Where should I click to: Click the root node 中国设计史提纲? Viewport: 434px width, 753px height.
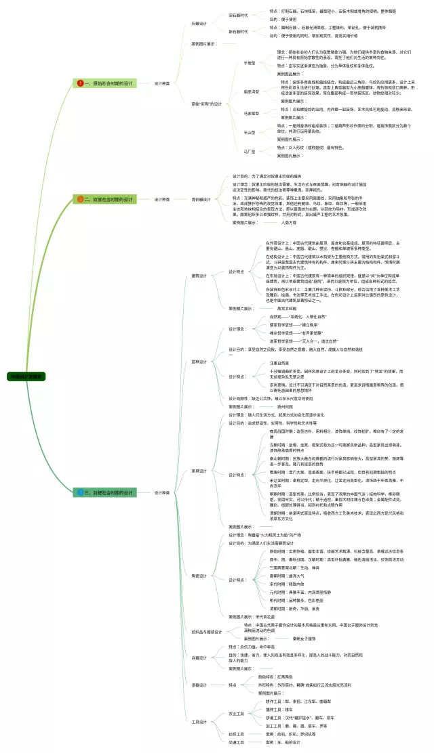click(26, 376)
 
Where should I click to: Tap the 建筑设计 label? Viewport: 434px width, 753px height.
click(199, 276)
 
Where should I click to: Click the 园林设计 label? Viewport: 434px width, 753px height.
click(199, 362)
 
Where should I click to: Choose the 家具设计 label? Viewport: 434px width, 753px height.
click(199, 470)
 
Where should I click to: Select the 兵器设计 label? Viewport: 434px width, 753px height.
click(199, 657)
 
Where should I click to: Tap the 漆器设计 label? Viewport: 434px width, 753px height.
click(199, 685)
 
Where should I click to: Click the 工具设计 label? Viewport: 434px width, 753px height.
click(199, 722)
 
